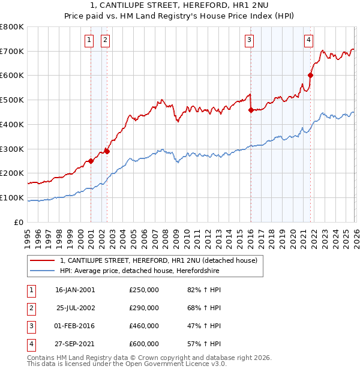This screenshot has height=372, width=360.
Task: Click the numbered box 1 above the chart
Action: pos(89,40)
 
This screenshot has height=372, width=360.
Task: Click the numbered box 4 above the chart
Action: pos(308,40)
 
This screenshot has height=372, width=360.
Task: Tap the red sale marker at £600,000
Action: pos(311,75)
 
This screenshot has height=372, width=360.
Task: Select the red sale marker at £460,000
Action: pos(251,109)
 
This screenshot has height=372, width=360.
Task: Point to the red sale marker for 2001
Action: pos(91,161)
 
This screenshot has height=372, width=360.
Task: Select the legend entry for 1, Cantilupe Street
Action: pos(158,260)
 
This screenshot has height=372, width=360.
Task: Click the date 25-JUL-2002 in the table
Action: pos(75,308)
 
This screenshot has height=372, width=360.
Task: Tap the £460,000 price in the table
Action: pos(144,326)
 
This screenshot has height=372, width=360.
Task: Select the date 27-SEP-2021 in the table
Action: pos(75,344)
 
